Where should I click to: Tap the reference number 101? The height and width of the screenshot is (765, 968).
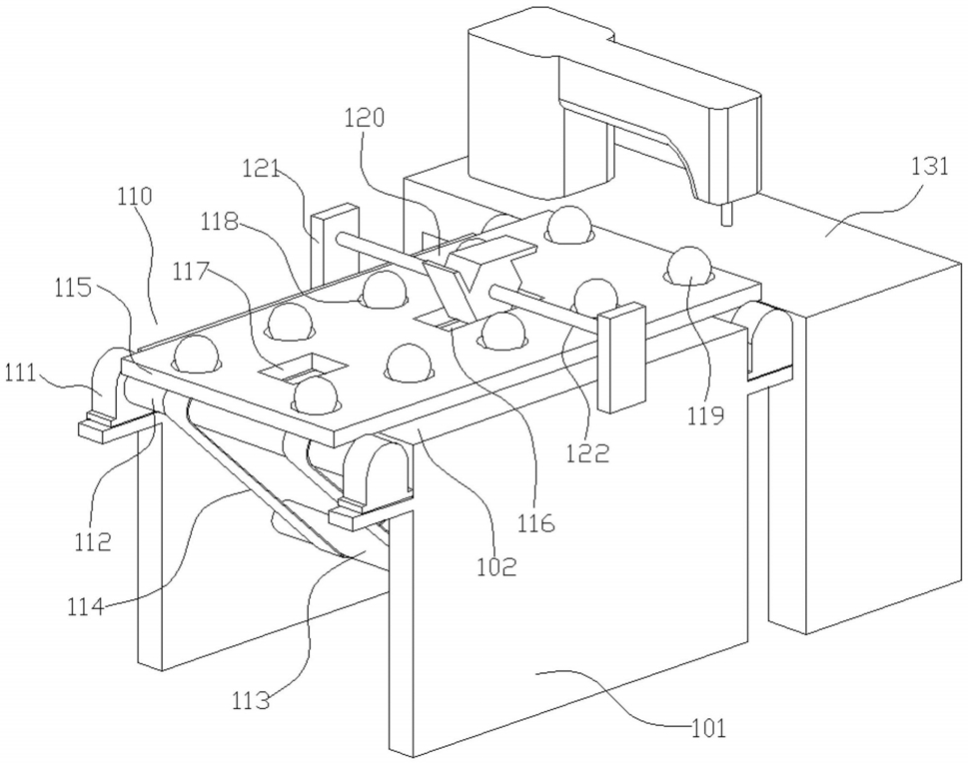(708, 729)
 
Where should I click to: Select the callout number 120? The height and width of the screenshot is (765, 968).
(365, 117)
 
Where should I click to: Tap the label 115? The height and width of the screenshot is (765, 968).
(74, 288)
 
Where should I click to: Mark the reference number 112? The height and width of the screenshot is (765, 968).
(93, 541)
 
